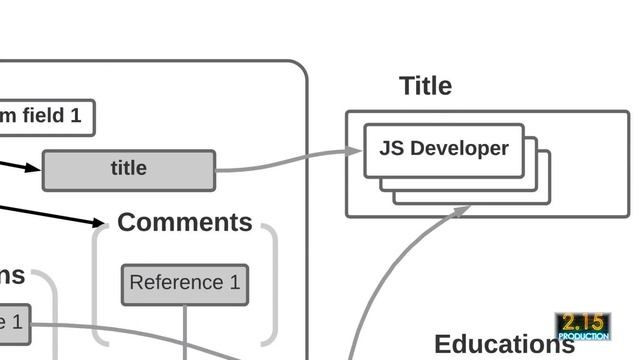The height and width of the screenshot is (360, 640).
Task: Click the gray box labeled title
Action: [128, 170]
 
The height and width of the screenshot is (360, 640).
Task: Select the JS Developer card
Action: [443, 150]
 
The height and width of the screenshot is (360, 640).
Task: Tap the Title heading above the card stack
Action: [425, 87]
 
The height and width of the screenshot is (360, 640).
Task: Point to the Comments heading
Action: [185, 222]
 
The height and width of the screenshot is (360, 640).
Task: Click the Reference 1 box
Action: [185, 284]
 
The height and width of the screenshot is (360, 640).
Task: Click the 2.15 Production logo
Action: [583, 327]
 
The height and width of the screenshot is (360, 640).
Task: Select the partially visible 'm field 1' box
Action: [46, 117]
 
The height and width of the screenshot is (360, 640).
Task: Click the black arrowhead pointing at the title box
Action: [33, 169]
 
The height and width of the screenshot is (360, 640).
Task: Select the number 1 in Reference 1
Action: [234, 283]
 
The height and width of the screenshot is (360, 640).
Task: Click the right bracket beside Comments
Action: [270, 284]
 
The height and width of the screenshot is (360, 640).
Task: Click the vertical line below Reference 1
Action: [185, 330]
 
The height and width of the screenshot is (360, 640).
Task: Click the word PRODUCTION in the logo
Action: [584, 337]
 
